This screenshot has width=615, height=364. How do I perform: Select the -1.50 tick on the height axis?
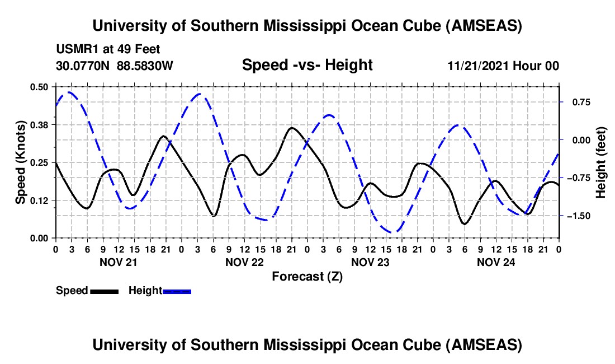(579, 216)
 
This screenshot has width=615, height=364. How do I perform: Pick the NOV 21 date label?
(118, 262)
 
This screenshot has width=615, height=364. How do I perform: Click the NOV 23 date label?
(370, 262)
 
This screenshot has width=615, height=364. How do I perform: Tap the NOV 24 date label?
(495, 262)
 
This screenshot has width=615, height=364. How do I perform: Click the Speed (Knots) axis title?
(21, 162)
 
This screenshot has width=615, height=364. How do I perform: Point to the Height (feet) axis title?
(601, 162)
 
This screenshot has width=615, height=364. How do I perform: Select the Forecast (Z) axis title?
(307, 276)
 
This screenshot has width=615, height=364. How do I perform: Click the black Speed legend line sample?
(104, 291)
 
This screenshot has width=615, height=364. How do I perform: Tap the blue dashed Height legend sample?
(177, 291)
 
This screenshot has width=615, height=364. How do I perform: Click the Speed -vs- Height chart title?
(307, 65)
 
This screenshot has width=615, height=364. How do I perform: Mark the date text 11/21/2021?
(475, 66)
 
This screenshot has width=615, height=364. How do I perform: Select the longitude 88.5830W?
(145, 66)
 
